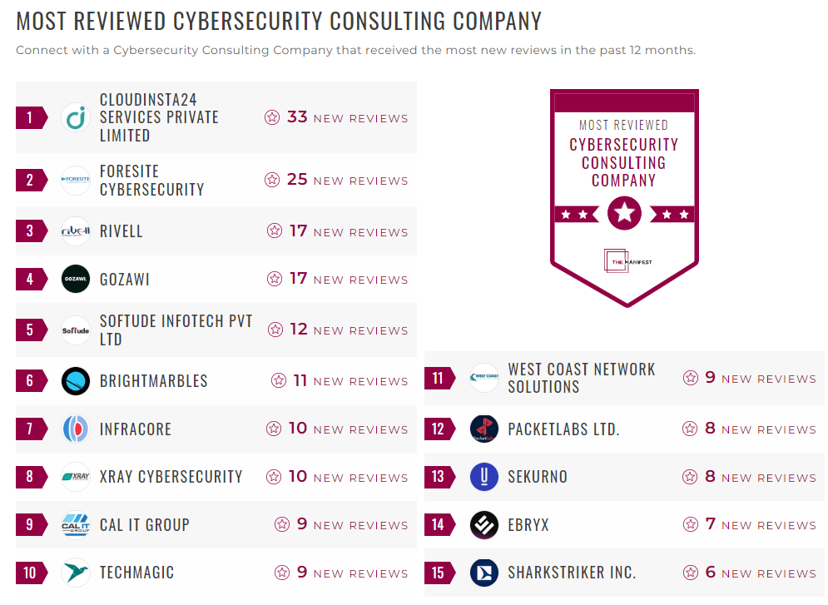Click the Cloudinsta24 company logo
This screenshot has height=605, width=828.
pyautogui.click(x=76, y=117)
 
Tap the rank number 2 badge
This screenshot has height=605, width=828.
pyautogui.click(x=31, y=181)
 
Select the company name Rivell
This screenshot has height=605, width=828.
pyautogui.click(x=121, y=231)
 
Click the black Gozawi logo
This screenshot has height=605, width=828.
pyautogui.click(x=76, y=280)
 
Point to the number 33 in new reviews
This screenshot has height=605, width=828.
pyautogui.click(x=297, y=117)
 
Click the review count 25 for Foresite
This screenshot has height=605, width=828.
pyautogui.click(x=297, y=180)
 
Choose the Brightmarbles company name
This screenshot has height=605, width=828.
pyautogui.click(x=153, y=381)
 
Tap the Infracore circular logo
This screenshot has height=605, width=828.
pyautogui.click(x=76, y=429)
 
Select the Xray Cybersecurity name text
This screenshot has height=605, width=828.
pyautogui.click(x=171, y=477)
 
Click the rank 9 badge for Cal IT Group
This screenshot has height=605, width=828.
pyautogui.click(x=31, y=525)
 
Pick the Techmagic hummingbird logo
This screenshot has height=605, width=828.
pyautogui.click(x=76, y=573)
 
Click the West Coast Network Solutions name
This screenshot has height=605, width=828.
pyautogui.click(x=581, y=378)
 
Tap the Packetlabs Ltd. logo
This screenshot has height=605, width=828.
pyautogui.click(x=483, y=429)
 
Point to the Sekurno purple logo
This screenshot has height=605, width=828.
pyautogui.click(x=483, y=477)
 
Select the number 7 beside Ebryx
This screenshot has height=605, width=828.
pyautogui.click(x=710, y=524)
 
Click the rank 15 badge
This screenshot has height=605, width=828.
pyautogui.click(x=439, y=573)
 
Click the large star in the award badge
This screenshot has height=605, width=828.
pyautogui.click(x=624, y=214)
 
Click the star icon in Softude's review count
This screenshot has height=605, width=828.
pyautogui.click(x=275, y=330)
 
